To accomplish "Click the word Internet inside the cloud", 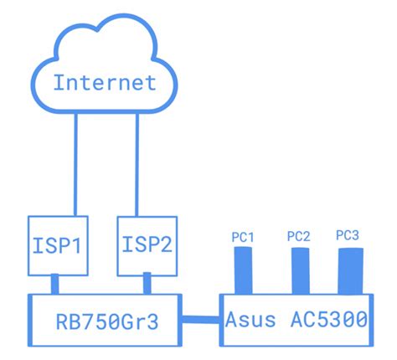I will pos(104,82).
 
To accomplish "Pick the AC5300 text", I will pos(329,319).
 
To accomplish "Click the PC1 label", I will pos(242,238).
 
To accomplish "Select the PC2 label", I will pos(298,237).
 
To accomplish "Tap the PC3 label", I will pos(348,236).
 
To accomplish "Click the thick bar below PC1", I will pos(243,270).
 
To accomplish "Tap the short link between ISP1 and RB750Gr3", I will pos(54,283).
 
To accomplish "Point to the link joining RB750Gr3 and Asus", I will pos(201,317).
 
